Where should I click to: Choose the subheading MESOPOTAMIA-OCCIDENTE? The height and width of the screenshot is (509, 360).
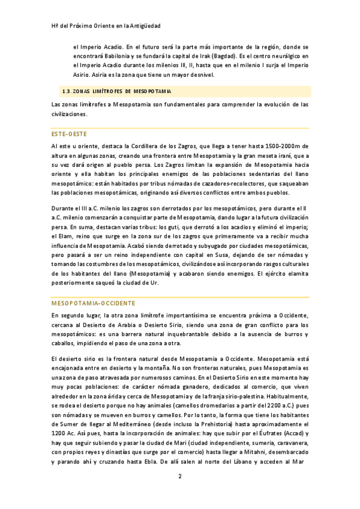pyautogui.click(x=93, y=303)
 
